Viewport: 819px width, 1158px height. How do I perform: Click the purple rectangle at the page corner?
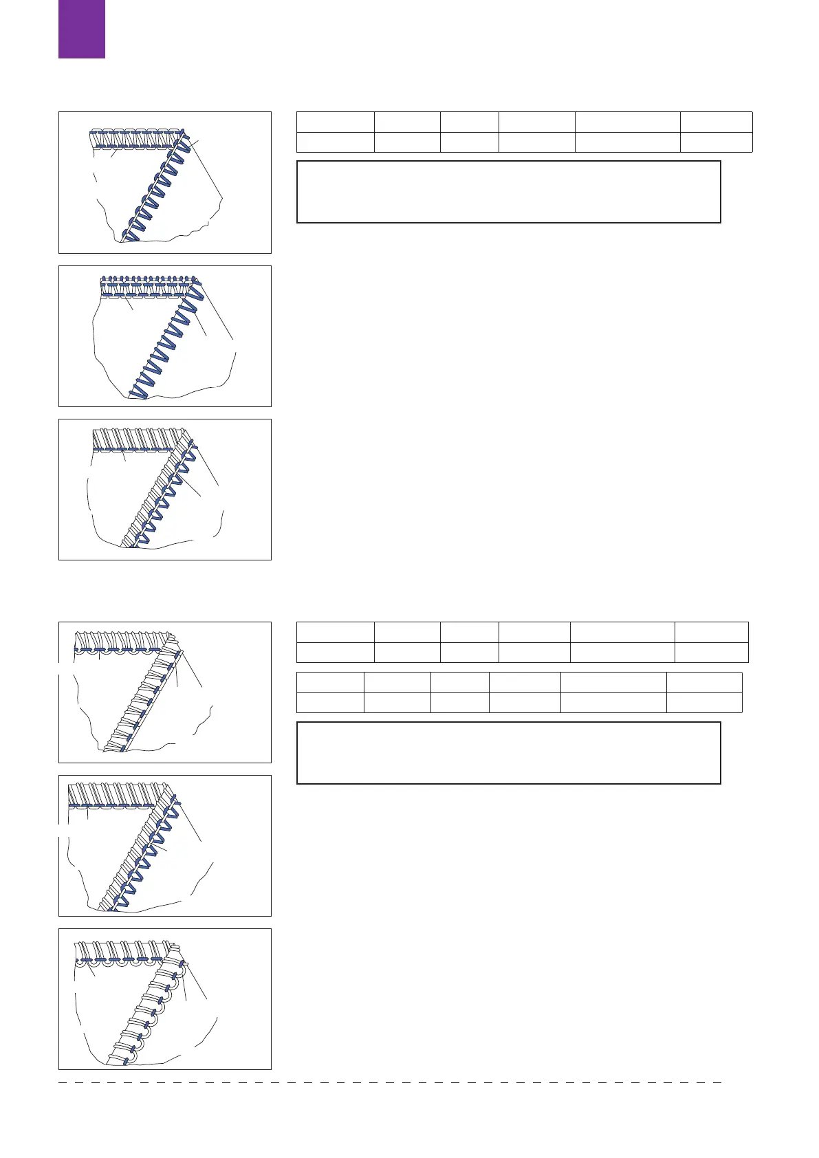82,29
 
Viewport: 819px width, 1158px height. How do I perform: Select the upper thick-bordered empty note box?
508,192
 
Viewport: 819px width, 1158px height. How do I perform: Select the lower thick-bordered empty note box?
508,753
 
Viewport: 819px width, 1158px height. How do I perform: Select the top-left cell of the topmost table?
335,122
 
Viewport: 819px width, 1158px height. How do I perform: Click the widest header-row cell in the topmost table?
627,122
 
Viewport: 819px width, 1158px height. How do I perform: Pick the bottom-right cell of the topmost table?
716,142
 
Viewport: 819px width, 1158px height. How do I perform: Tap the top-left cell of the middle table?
335,632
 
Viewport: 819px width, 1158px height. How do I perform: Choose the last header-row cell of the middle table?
711,632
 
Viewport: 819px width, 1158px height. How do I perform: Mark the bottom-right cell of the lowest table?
704,703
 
